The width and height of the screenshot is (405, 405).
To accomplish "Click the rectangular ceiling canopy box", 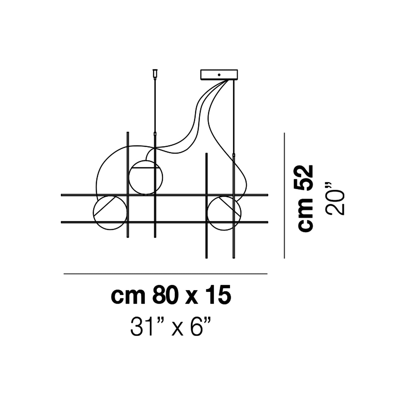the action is [x=219, y=75].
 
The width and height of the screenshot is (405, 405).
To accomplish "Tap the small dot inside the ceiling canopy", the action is [x=219, y=75].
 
